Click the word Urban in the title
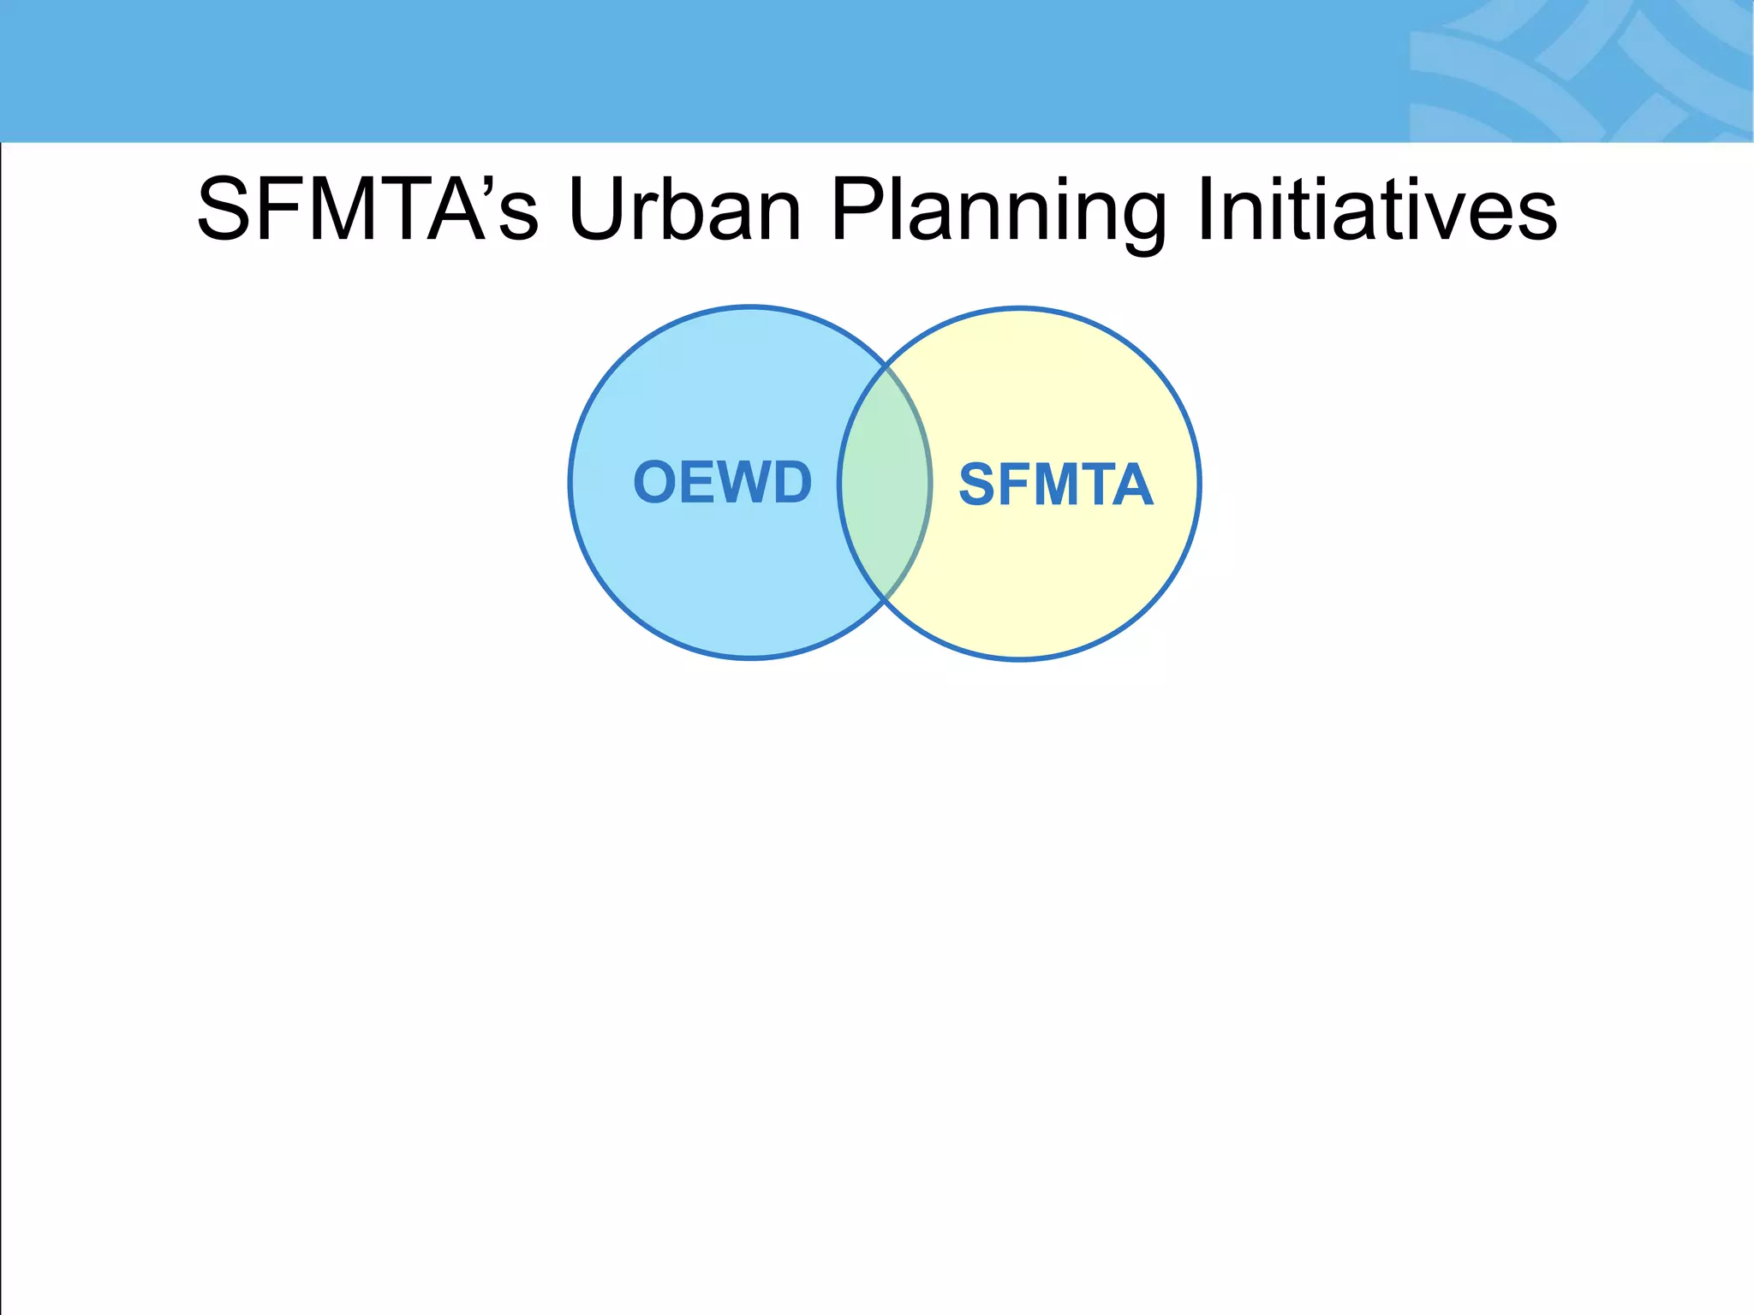point(683,210)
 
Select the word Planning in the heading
point(998,211)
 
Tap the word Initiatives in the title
point(1375,210)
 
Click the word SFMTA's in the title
point(368,210)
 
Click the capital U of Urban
point(598,210)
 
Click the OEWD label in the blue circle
point(722,482)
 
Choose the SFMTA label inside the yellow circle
point(1055,485)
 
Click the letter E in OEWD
point(696,482)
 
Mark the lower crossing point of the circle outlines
point(886,598)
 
